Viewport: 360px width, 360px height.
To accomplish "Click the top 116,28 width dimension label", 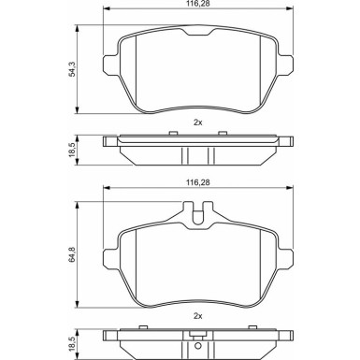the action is point(198,4).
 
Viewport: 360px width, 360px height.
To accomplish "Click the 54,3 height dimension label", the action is point(72,69).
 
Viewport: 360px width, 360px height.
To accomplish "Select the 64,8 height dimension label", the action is point(72,254).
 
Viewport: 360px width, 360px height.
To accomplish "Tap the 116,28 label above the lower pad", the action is point(198,182).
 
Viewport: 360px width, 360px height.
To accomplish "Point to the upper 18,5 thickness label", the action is point(72,150).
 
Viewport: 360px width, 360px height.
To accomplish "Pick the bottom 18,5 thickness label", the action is point(72,344).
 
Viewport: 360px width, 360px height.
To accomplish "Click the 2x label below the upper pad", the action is point(198,122).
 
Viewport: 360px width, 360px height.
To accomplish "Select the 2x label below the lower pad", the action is point(198,316).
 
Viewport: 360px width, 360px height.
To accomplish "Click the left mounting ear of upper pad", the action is point(110,65).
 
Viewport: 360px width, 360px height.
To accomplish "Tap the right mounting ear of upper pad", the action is point(286,65).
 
